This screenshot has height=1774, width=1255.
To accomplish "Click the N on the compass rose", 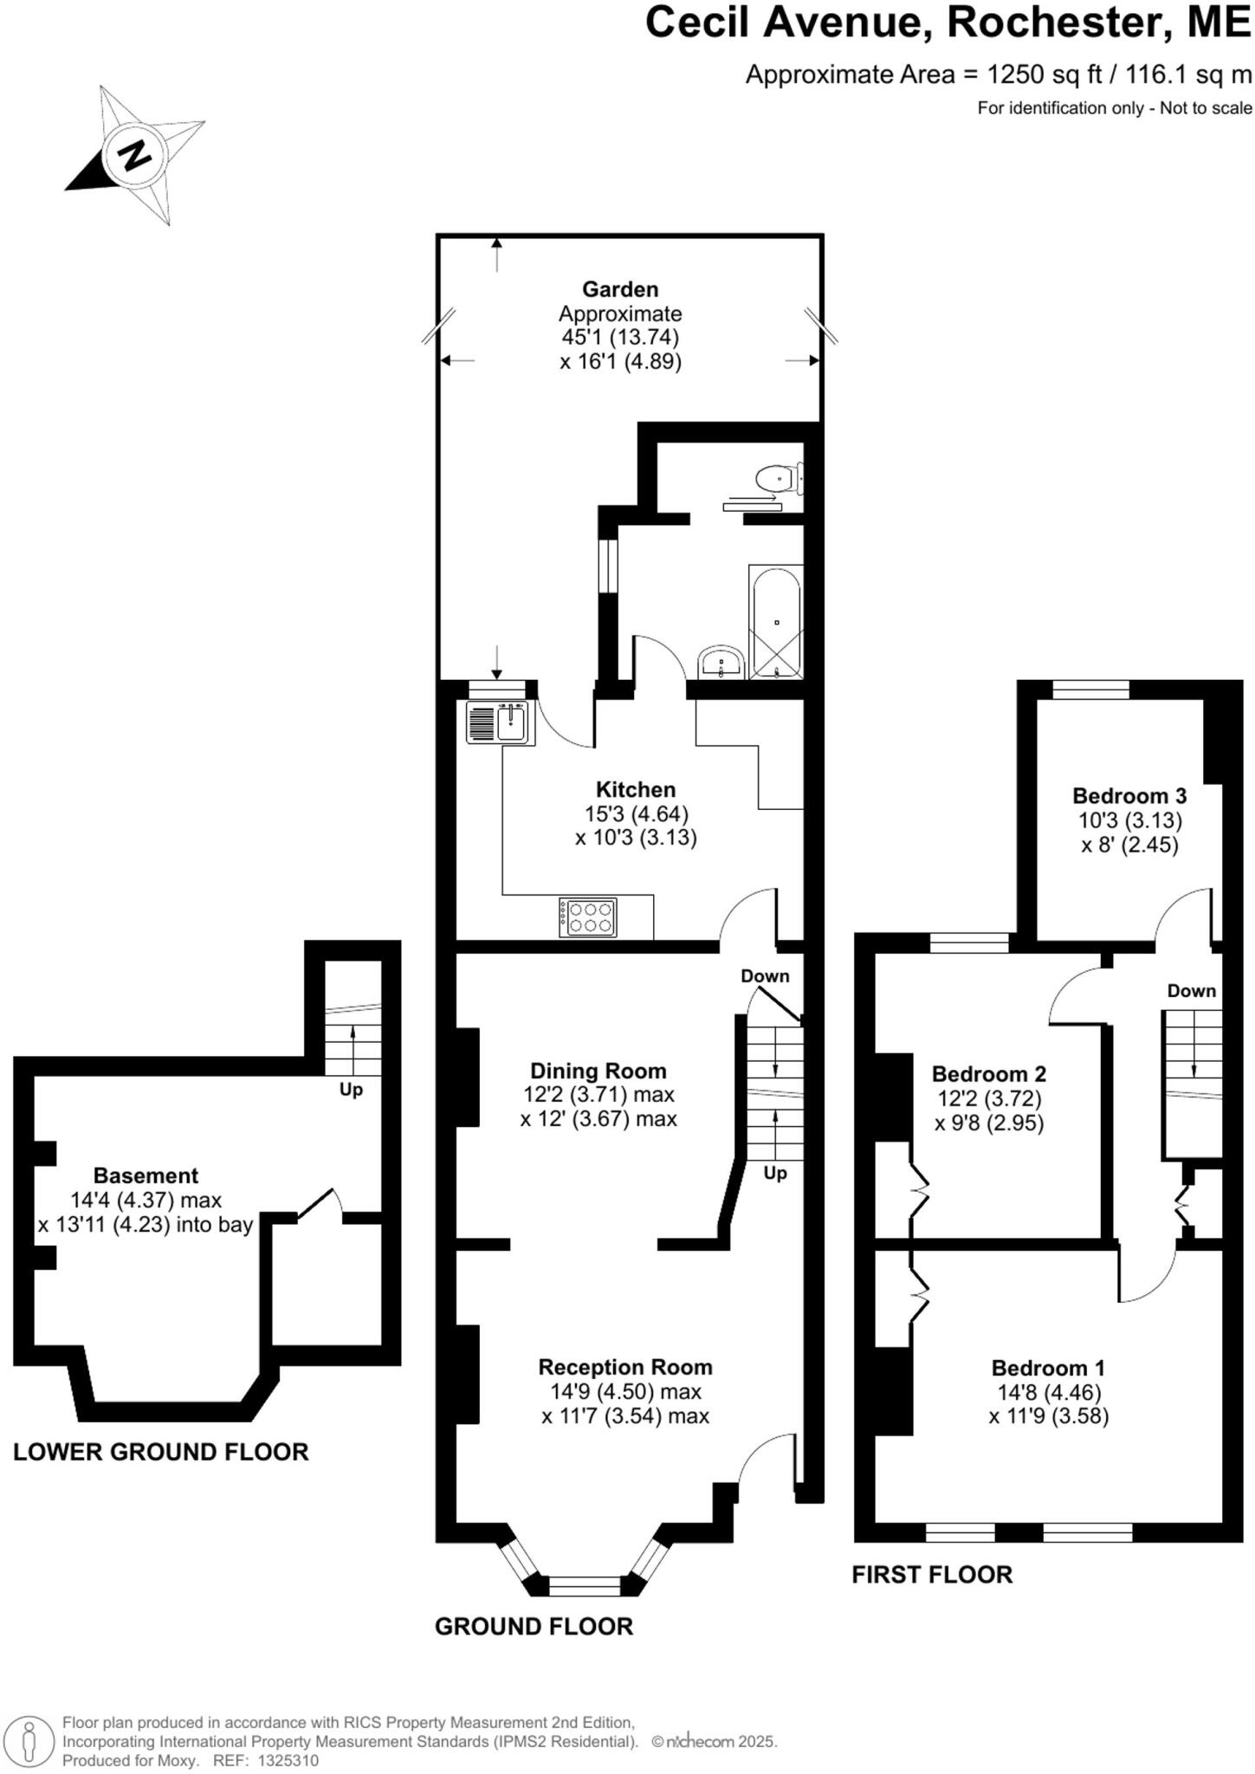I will tap(133, 156).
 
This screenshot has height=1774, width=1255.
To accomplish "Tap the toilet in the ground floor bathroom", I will tap(777, 477).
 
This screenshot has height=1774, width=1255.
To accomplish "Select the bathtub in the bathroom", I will tap(775, 622).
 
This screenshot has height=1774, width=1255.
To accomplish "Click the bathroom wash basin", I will tap(721, 664).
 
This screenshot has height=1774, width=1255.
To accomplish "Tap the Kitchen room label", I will tap(635, 789).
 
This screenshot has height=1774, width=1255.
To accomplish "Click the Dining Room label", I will tap(598, 1071).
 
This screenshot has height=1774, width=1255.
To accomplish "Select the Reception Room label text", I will tap(624, 1367).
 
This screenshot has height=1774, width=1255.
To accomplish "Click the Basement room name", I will tap(146, 1175).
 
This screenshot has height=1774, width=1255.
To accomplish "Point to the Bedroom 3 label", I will tap(1129, 795).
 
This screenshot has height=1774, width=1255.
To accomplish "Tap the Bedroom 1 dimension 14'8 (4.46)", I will tap(1048, 1392).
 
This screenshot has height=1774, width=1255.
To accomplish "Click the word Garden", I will tap(619, 289).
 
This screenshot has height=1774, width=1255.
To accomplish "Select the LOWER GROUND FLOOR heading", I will tap(161, 1452).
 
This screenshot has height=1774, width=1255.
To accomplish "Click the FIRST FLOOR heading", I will tap(932, 1574).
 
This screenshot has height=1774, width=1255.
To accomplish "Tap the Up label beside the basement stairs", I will tap(351, 1090).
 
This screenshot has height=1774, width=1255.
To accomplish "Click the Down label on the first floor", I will tap(1191, 990).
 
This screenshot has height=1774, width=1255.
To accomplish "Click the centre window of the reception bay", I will tap(585, 1586).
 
